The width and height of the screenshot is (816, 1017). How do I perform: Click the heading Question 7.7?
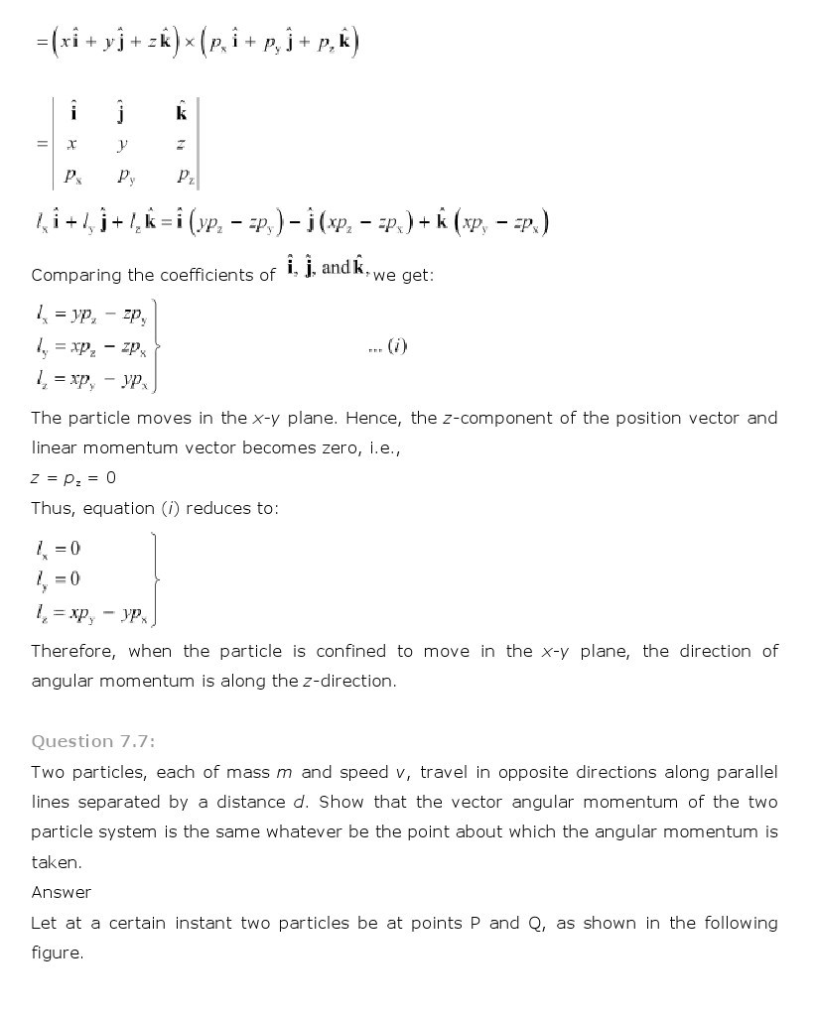click(x=93, y=741)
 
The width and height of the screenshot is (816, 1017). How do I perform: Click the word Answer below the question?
click(x=61, y=892)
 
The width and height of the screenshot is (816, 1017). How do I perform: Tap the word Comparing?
click(x=75, y=275)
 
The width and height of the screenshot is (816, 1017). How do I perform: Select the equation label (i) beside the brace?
click(x=397, y=345)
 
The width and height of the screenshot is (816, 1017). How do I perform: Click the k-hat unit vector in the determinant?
click(x=182, y=112)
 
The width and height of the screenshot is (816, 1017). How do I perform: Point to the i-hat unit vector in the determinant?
click(x=72, y=112)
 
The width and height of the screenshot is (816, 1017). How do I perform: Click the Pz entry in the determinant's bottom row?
click(x=186, y=177)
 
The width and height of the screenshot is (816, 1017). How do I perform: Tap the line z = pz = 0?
click(x=73, y=478)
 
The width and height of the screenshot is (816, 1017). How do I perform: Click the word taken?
click(x=55, y=862)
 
